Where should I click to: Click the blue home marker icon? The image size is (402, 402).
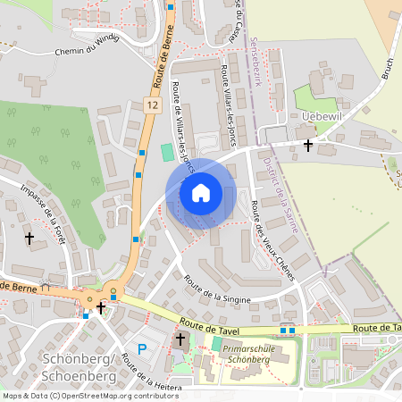coord(201,192)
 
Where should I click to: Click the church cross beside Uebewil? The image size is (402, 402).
coord(308,144)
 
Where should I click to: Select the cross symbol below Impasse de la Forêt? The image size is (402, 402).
coord(29,239)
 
